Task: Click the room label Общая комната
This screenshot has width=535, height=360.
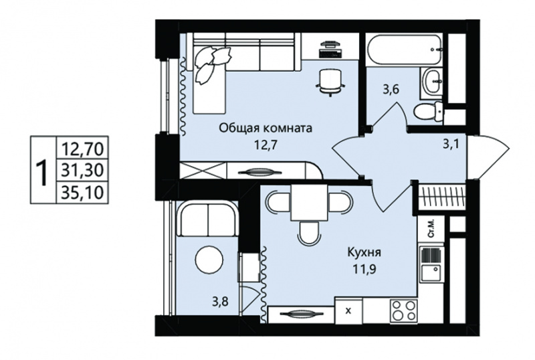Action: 265,128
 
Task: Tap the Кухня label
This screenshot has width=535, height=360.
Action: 364,253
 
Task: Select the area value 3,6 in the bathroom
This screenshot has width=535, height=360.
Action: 391,90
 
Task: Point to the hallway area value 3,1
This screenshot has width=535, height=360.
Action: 451,144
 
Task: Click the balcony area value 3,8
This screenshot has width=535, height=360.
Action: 220,301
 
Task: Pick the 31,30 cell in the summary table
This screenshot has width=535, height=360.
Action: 82,170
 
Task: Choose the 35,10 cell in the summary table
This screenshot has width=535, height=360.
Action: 82,192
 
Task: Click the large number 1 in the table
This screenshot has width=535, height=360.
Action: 43,173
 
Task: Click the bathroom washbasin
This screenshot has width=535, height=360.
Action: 432,81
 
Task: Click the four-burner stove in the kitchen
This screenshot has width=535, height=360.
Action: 404,310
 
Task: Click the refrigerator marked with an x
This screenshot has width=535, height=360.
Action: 348,310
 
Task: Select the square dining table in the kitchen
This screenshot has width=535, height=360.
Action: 308,203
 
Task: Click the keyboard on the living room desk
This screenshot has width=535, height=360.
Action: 330,54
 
